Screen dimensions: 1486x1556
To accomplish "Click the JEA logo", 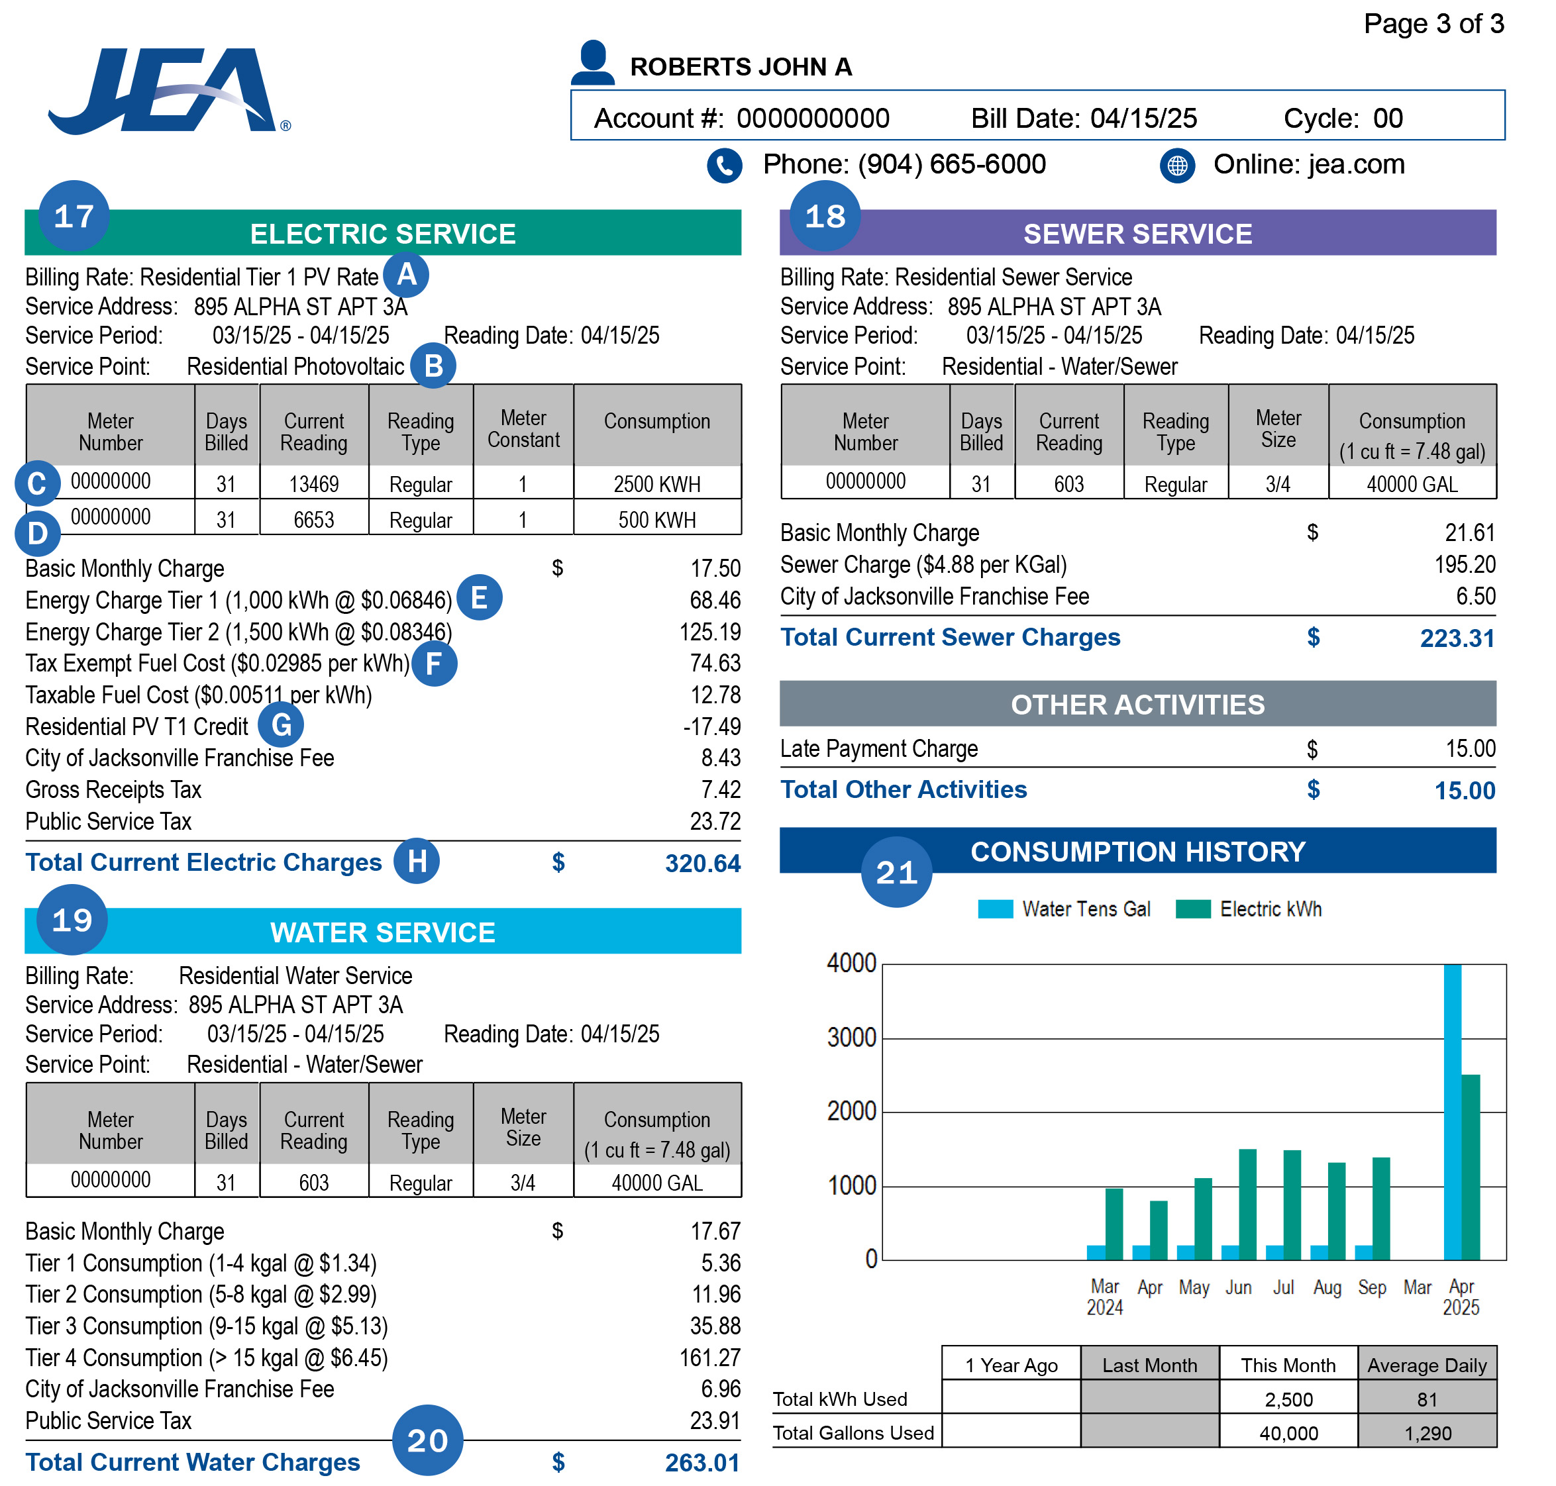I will tap(166, 91).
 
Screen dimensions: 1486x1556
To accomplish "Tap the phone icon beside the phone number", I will tap(724, 166).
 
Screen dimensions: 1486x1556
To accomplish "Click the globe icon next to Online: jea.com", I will tap(1177, 166).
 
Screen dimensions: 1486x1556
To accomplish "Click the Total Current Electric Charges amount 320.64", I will tap(702, 864).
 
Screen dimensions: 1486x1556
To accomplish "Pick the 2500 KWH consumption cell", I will tap(657, 484).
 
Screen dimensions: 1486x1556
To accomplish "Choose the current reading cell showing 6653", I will tap(314, 520).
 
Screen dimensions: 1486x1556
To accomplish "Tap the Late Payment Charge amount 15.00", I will tap(1471, 748).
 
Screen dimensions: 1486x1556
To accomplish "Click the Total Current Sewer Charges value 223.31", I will tap(1456, 638).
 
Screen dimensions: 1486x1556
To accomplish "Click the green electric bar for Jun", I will tap(1248, 1204).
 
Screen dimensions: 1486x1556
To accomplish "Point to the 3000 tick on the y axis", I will tap(852, 1038).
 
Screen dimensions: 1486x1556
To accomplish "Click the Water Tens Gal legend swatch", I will tap(995, 909).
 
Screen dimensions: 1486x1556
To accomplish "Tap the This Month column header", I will tap(1288, 1365).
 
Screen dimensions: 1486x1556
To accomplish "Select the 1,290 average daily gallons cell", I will tap(1427, 1433).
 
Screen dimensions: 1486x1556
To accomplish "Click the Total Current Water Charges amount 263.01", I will tap(702, 1462).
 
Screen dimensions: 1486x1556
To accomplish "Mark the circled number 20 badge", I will tap(427, 1440).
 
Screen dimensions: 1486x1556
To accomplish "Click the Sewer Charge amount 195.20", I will tap(1465, 565).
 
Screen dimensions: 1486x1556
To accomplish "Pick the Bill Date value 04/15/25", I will tap(1143, 118).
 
